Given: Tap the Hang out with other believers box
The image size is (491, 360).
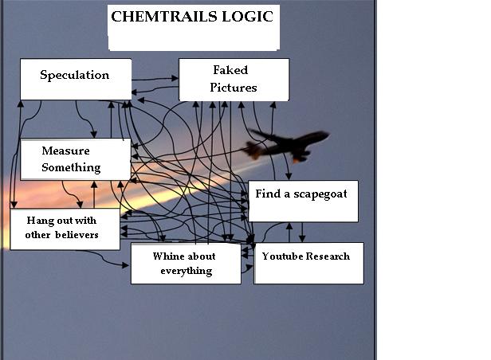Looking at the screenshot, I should point(64,229).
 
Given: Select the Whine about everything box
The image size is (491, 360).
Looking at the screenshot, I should point(185,264).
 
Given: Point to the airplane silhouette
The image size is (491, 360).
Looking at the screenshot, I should point(287,145).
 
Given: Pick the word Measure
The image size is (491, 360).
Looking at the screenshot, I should point(65,151).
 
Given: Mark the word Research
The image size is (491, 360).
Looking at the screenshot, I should point(327,256).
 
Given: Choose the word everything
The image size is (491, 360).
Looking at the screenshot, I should point(186,271).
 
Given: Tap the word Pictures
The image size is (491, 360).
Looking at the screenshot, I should point(234,88).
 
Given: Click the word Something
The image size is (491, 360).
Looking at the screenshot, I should point(71,167).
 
